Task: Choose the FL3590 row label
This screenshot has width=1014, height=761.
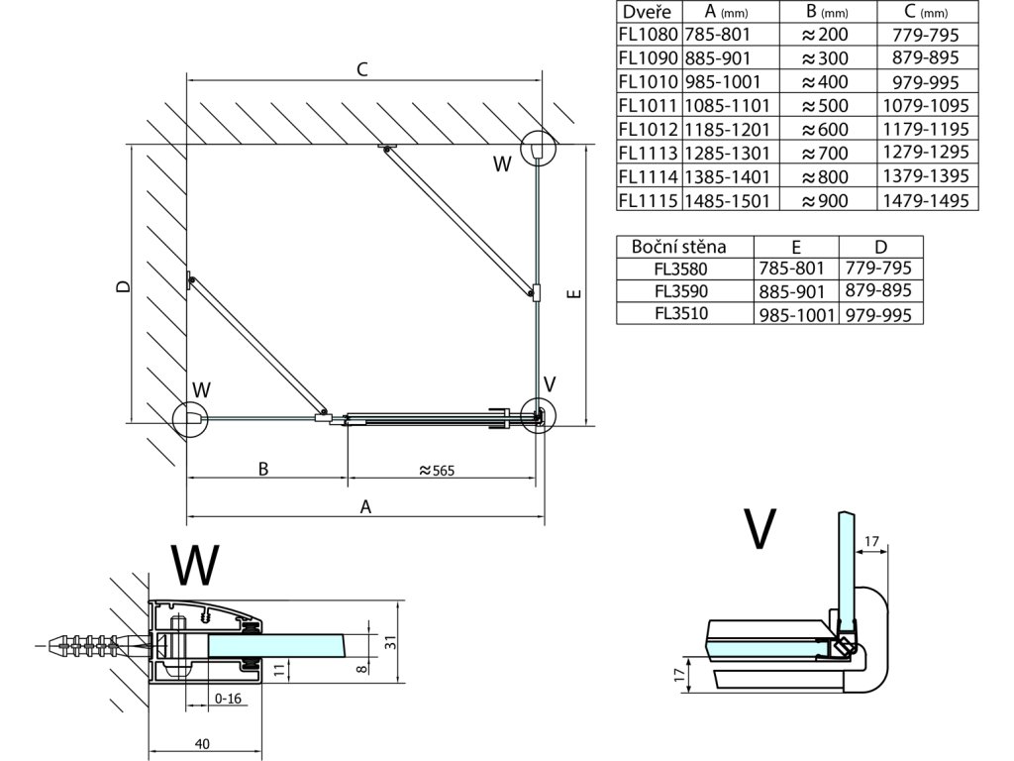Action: pos(682,291)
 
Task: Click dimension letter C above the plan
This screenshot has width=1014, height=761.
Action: pos(362,69)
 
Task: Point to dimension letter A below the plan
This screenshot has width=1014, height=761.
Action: pos(365,507)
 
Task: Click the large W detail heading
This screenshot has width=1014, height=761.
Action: pos(194,567)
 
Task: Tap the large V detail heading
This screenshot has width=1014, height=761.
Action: pos(759,530)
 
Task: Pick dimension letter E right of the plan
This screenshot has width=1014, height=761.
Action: pos(574,293)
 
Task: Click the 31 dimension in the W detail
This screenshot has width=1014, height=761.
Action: pos(389,643)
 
